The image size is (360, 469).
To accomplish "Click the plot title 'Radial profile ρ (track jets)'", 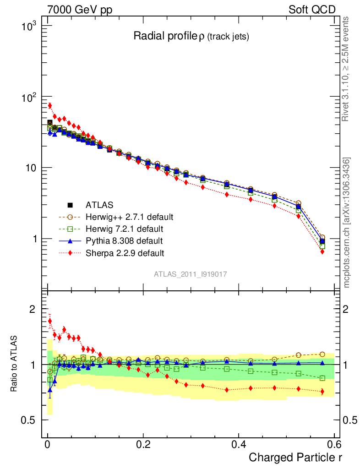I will (191, 37).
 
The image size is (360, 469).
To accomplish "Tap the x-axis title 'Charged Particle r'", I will (295, 457).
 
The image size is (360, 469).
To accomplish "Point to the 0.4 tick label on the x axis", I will (239, 445).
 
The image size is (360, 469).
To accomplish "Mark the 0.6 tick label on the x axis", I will (334, 445).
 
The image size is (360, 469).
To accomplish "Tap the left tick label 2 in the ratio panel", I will (32, 309).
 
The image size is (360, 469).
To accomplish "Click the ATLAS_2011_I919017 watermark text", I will (191, 274).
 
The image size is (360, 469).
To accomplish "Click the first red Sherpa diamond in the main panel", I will (49, 106).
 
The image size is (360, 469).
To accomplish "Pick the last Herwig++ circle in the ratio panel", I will (322, 354).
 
